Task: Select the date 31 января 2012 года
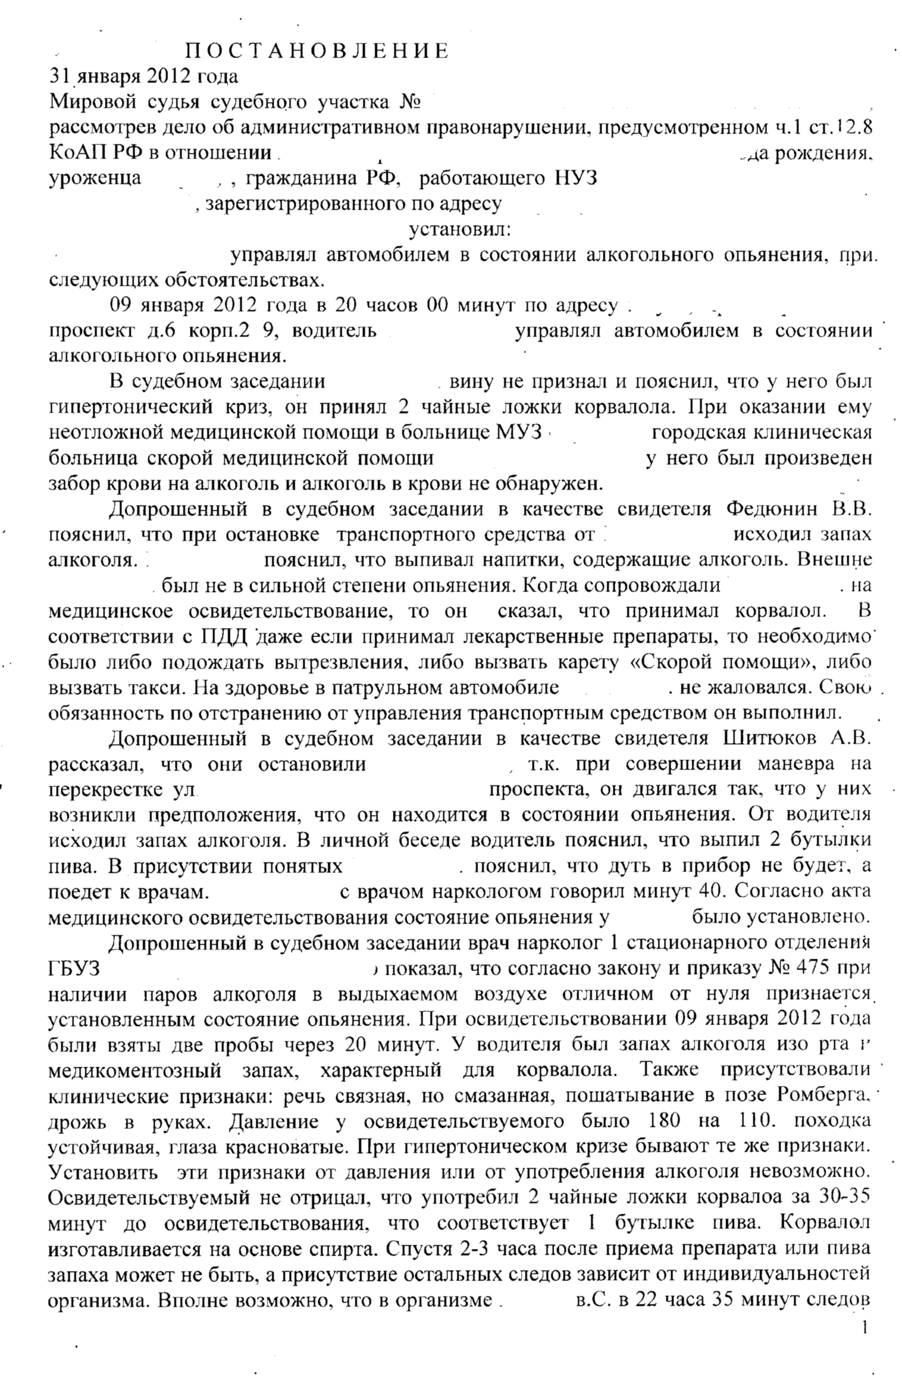pyautogui.click(x=143, y=77)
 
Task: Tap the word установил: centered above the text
pyautogui.click(x=460, y=230)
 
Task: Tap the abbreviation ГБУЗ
pyautogui.click(x=74, y=968)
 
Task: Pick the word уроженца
pyautogui.click(x=95, y=178)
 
